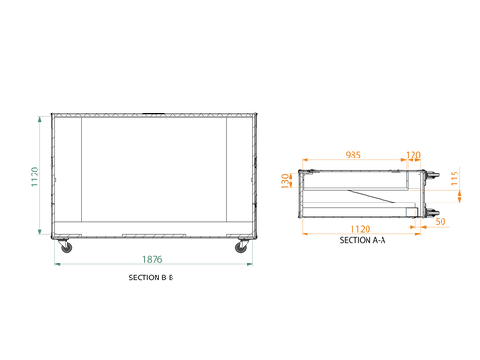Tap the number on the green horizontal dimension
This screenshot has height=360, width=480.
[152, 257]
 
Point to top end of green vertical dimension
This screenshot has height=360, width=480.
[40, 117]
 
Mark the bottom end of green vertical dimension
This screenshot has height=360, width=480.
[40, 232]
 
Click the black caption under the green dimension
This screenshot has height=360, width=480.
[151, 277]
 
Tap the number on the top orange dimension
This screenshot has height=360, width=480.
[352, 153]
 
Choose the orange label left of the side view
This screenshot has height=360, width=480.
[289, 179]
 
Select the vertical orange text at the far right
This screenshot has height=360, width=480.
[457, 177]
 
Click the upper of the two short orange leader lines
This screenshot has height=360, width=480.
[439, 191]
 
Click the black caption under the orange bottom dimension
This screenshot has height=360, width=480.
[360, 240]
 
